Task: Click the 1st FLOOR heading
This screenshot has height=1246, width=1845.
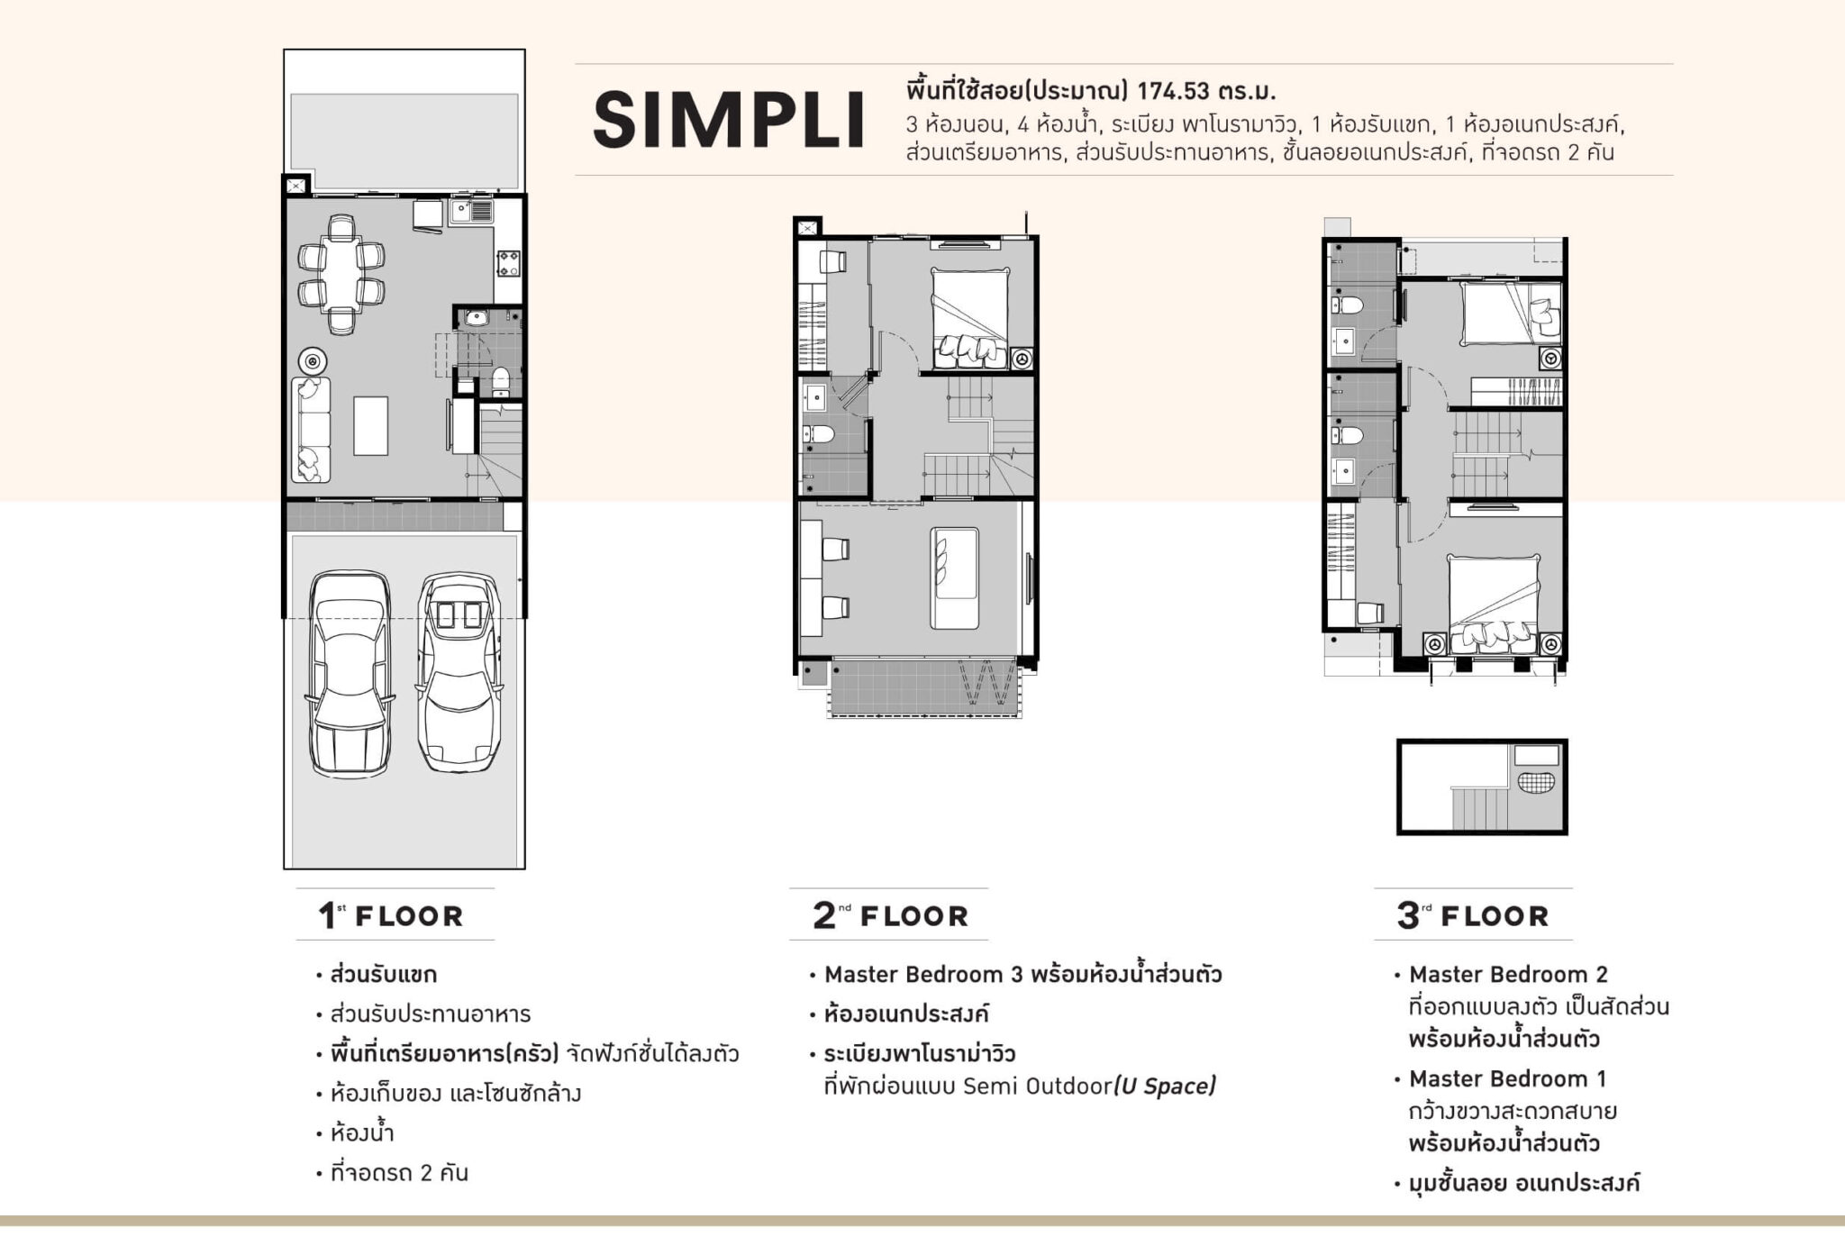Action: point(390,915)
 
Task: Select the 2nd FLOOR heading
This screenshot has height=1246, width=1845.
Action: point(890,915)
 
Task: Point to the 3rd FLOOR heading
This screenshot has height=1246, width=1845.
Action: point(1472,915)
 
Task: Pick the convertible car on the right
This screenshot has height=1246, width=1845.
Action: point(459,672)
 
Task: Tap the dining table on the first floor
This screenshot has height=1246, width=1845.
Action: point(342,274)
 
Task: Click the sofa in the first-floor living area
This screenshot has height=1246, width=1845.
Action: point(311,430)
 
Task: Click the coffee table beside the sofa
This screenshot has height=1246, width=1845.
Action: point(370,425)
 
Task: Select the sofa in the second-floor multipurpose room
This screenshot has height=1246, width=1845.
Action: point(955,578)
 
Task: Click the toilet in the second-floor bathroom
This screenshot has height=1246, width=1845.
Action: point(818,434)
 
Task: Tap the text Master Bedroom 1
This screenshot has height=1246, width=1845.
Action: point(1508,1078)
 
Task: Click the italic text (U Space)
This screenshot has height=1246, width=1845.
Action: point(1165,1086)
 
